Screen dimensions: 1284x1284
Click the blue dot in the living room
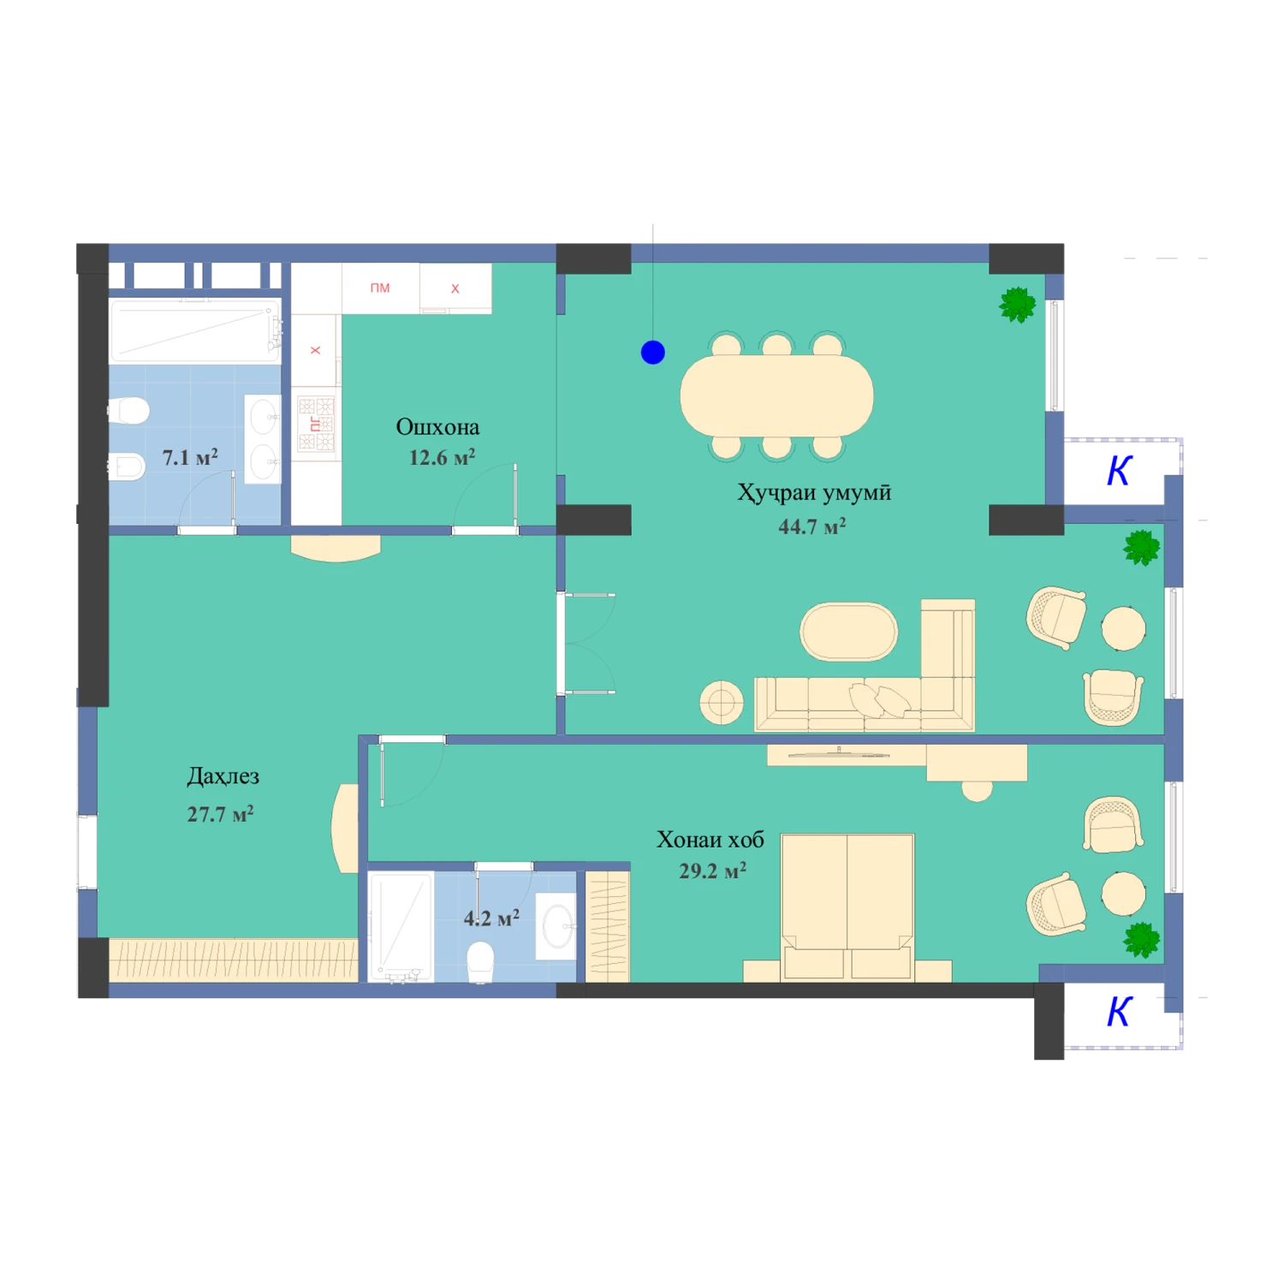653,352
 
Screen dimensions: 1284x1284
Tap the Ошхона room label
437,426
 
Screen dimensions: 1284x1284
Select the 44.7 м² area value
811,526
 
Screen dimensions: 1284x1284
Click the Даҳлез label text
223,776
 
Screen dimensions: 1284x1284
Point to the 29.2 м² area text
712,871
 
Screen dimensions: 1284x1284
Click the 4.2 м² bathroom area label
491,918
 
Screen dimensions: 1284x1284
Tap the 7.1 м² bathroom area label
190,457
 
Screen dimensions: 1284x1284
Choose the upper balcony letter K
1120,471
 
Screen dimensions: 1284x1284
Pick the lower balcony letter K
1120,1012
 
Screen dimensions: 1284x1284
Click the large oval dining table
776,395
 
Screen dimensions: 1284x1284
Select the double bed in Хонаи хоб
847,907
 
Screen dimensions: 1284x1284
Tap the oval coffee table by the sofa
848,632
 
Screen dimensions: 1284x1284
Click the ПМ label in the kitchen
380,288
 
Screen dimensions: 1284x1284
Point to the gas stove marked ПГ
316,424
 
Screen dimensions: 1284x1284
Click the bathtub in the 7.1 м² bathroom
195,331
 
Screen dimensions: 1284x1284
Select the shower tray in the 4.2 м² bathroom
401,926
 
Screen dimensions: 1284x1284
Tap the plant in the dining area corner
1018,305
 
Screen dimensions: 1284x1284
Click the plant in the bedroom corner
1142,939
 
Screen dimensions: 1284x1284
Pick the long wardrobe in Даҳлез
233,960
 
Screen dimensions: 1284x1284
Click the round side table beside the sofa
722,703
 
